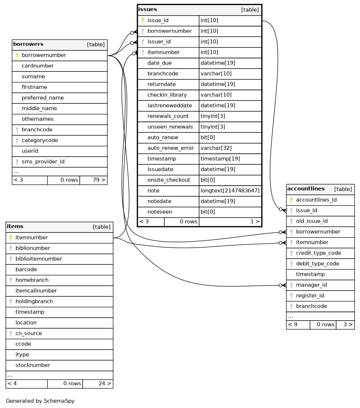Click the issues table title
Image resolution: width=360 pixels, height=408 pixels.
click(x=148, y=9)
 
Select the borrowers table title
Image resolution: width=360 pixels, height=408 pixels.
click(x=28, y=44)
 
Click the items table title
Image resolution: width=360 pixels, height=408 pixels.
click(x=15, y=227)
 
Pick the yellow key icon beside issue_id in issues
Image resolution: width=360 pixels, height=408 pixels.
click(x=143, y=21)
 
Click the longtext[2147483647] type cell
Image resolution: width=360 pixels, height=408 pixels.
click(x=230, y=191)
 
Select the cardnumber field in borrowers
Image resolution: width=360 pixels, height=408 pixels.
click(x=38, y=66)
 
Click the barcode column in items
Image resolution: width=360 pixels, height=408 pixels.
click(x=26, y=269)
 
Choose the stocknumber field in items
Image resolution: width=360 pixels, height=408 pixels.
click(x=33, y=365)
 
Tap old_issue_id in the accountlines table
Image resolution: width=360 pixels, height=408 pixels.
click(x=312, y=221)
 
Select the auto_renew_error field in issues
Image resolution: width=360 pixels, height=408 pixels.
click(x=170, y=148)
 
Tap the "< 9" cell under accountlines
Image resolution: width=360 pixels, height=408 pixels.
click(x=293, y=325)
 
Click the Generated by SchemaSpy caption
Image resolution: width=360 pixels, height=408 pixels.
click(x=40, y=401)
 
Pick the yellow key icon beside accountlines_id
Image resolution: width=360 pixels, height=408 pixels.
click(x=291, y=200)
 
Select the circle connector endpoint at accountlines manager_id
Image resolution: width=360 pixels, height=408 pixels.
click(x=280, y=285)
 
